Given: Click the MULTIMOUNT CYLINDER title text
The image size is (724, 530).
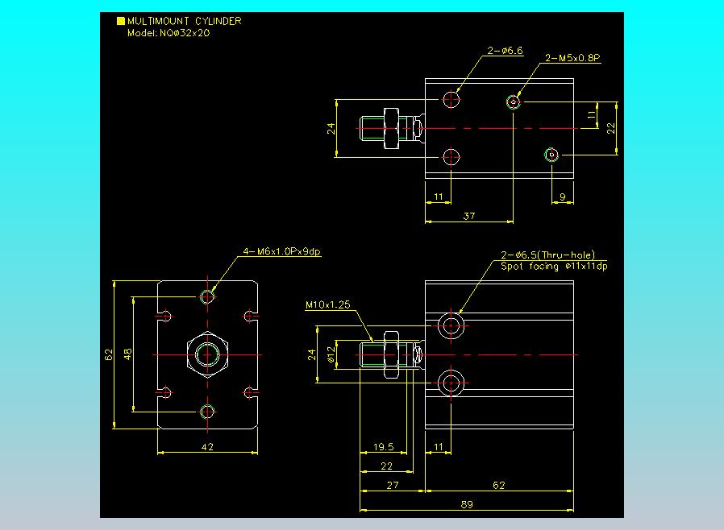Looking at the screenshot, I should click(184, 22).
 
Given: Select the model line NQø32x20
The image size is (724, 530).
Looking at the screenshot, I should click(169, 34).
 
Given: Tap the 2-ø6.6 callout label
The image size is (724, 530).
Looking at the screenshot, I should click(506, 51).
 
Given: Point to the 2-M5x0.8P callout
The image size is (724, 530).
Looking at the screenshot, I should click(573, 58).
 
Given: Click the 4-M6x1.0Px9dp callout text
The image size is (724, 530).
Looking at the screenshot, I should click(281, 252).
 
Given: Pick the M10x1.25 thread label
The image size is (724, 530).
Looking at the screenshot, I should click(327, 305).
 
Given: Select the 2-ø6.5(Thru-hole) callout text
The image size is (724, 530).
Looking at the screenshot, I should click(547, 255).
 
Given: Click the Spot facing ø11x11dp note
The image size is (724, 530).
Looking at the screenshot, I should click(554, 266).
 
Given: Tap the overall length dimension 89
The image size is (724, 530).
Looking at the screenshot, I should click(467, 504).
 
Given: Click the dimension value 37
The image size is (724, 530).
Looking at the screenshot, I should click(468, 215).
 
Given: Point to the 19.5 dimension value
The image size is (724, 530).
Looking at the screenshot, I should click(384, 448).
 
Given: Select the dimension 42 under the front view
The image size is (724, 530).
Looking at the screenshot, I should click(207, 448).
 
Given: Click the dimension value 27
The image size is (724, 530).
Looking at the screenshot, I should click(392, 485).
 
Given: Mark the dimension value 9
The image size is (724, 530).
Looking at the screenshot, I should click(562, 196).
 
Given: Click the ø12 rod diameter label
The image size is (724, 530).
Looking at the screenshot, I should click(330, 355).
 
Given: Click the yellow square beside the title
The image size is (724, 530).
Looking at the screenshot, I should click(121, 22).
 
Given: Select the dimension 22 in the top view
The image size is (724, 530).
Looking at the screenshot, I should click(611, 127).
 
